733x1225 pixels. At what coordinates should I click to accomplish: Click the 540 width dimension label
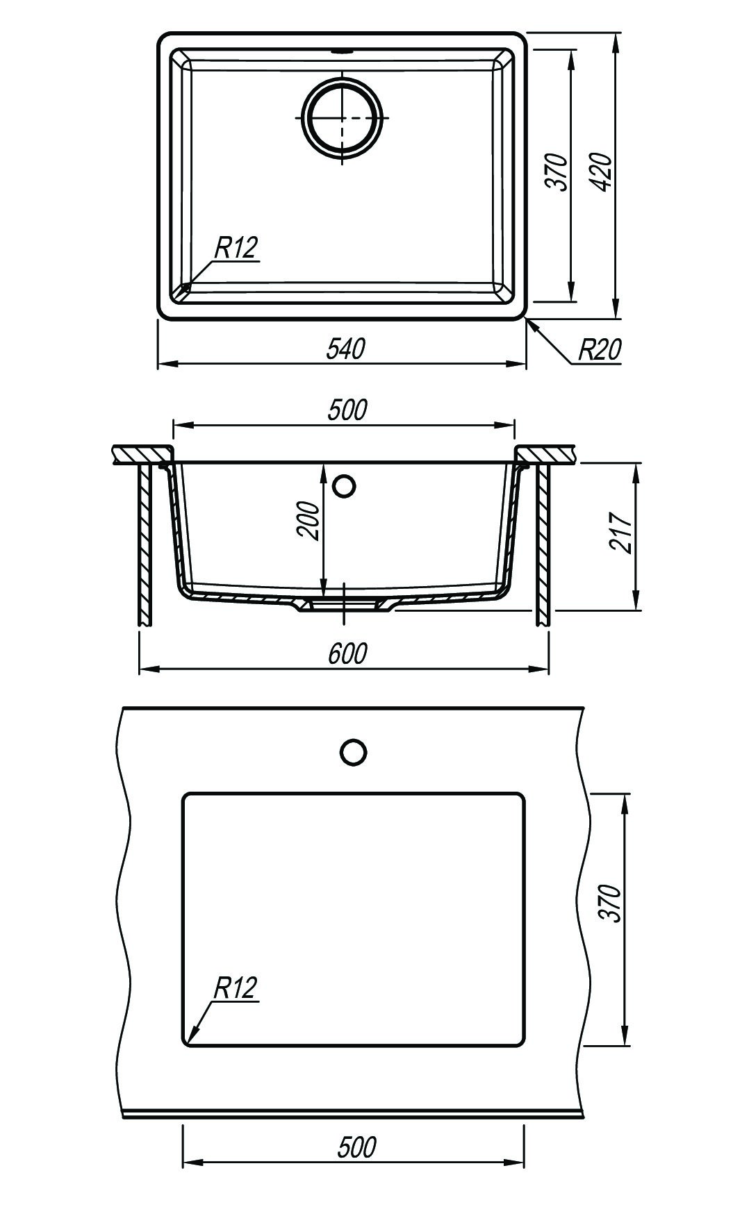[345, 349]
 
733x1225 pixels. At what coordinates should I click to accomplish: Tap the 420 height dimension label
[602, 172]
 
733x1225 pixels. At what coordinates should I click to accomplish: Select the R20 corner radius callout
[600, 350]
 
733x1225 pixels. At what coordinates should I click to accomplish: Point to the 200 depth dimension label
[307, 520]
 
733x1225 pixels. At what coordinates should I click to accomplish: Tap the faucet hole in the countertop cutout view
[354, 752]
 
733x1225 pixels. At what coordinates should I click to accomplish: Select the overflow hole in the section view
[344, 485]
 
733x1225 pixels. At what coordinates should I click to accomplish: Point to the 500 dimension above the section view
[347, 410]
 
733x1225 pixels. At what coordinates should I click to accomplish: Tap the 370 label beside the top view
[557, 172]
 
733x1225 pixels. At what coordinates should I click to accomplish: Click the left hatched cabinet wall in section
[146, 544]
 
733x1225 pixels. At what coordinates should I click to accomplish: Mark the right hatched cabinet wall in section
[543, 544]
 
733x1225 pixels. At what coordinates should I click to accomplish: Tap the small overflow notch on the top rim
[343, 51]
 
